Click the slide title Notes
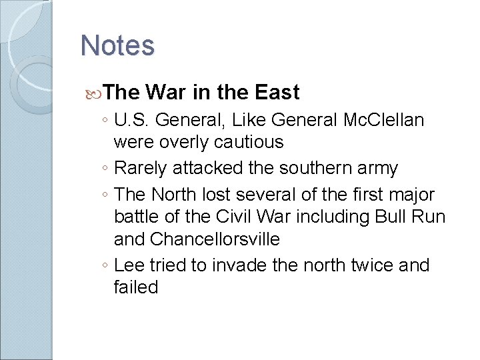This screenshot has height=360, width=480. [x=117, y=46]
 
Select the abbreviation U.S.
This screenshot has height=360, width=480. [x=133, y=121]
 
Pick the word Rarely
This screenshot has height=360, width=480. [x=141, y=169]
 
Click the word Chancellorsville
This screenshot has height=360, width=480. [x=215, y=239]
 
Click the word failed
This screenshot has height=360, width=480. [x=136, y=287]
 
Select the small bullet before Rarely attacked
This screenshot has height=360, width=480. [x=106, y=169]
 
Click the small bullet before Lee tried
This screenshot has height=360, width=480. [x=106, y=266]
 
